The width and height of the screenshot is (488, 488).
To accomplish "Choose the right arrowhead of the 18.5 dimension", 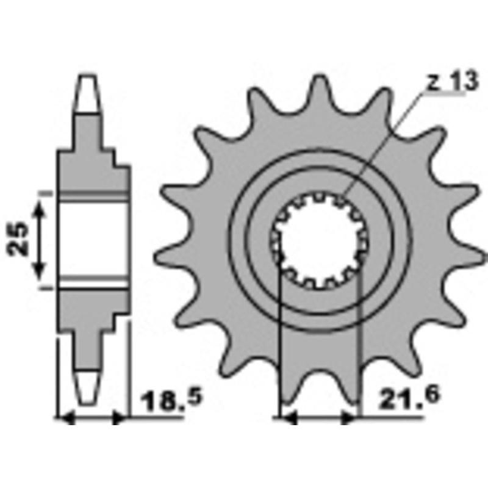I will [120, 418].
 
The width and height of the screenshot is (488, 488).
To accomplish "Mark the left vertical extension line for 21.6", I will [279, 342].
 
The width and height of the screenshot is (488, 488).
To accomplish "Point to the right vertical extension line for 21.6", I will [361, 342].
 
